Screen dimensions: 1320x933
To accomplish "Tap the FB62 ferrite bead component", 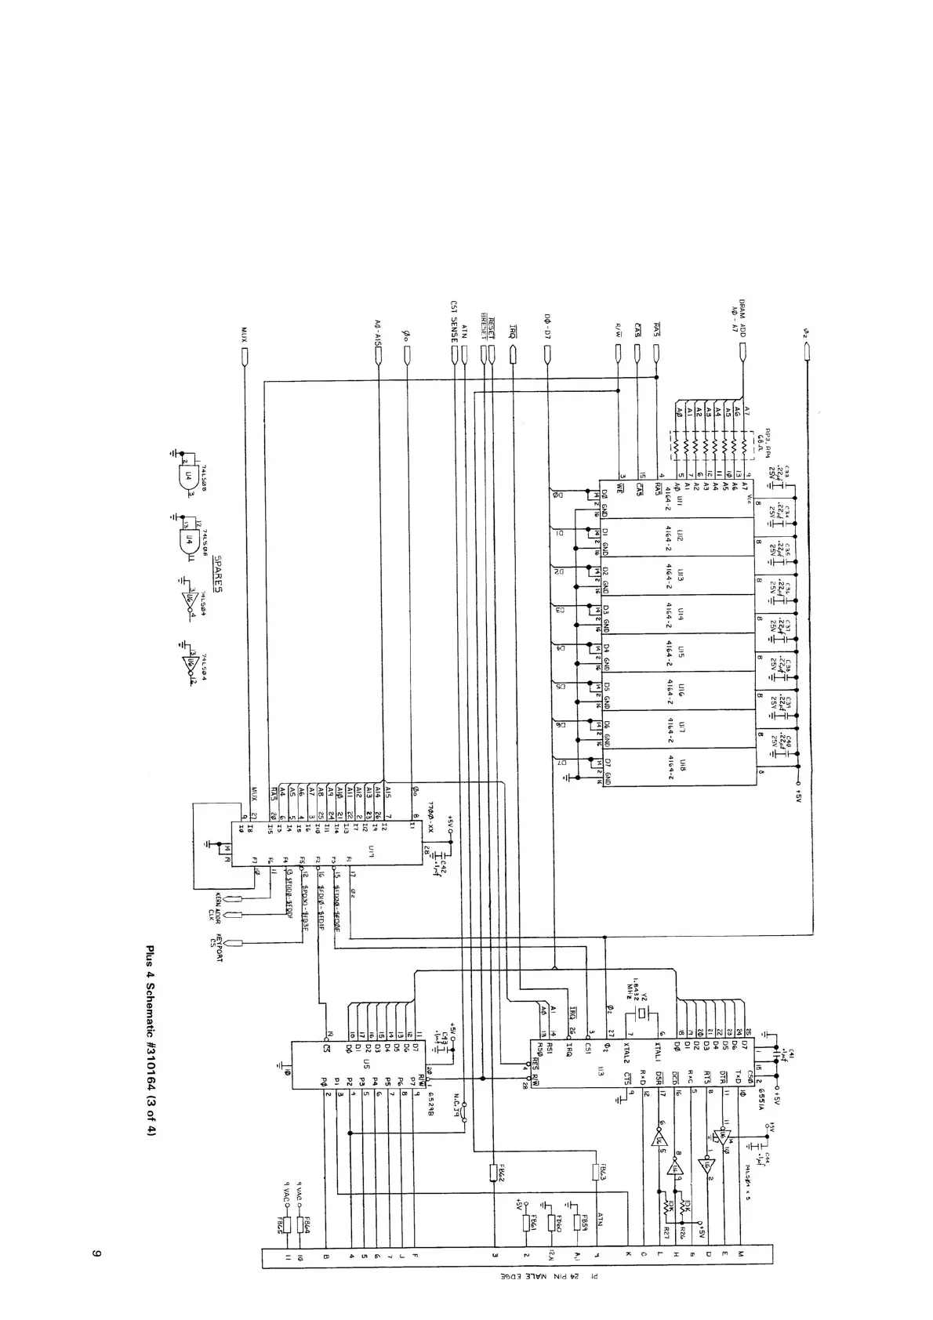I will click(494, 1173).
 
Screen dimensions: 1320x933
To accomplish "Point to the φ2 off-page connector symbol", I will click(808, 356).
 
